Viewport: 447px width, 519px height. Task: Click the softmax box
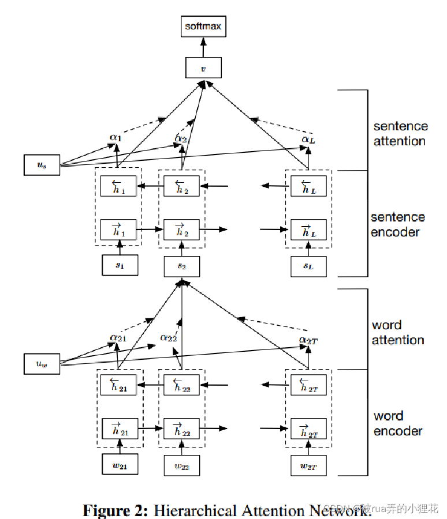coord(203,27)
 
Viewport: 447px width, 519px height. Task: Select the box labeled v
coord(203,68)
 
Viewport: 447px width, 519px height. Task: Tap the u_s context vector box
coord(42,165)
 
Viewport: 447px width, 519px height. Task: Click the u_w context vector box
coord(42,364)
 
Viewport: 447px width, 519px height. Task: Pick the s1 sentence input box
coord(120,266)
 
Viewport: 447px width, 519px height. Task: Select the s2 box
coord(181,266)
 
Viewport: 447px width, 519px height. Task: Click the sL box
coord(308,266)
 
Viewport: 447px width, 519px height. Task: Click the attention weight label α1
coord(116,138)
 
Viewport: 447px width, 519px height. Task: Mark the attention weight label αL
coord(308,139)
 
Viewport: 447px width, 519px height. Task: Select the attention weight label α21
coord(118,337)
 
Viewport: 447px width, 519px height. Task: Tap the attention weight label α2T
coord(308,340)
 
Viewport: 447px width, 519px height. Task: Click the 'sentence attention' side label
coord(400,134)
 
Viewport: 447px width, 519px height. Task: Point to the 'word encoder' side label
coord(398,423)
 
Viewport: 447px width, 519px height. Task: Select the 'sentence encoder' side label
coord(397,224)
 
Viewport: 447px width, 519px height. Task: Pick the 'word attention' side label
coord(398,333)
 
